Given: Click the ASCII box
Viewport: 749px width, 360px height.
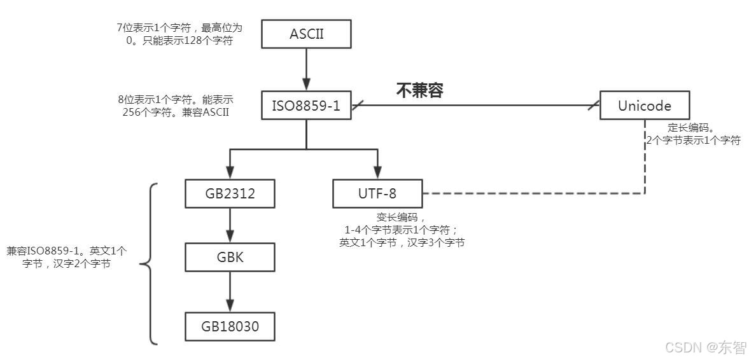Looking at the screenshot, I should point(307,34).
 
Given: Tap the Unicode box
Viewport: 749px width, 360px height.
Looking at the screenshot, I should point(645,106).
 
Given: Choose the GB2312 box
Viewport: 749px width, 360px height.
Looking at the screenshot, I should point(230,193).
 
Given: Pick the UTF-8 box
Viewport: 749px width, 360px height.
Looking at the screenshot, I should point(377,193).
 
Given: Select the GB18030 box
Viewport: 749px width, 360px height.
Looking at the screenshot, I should point(230,327).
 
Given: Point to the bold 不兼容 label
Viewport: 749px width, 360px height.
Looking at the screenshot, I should point(419,90).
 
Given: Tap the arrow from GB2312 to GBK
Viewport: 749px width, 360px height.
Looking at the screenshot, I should point(230,225).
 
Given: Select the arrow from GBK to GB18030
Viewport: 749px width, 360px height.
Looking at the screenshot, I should point(230,292).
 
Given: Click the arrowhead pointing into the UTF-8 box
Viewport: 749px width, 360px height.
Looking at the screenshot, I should point(377,173).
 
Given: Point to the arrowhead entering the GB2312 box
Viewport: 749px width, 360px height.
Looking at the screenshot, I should point(230,173).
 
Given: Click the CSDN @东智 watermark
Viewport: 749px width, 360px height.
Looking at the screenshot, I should point(705,347).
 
